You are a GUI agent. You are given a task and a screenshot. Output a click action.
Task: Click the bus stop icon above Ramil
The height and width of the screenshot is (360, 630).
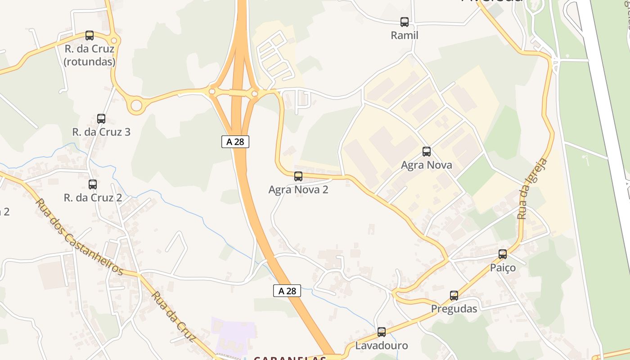(x=405, y=22)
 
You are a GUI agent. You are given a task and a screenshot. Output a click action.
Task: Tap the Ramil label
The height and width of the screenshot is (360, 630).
(x=405, y=35)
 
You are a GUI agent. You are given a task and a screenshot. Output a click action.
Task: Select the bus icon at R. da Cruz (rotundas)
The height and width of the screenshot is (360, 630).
(x=90, y=36)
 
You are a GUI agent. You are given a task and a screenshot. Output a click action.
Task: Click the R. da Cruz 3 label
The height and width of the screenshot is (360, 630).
(x=101, y=132)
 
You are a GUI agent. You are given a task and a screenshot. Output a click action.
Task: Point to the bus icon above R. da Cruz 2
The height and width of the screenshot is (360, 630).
(x=93, y=184)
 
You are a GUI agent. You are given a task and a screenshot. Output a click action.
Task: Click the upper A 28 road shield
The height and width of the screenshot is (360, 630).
(x=235, y=141)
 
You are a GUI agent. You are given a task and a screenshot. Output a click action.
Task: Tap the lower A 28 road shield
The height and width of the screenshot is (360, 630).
(x=287, y=291)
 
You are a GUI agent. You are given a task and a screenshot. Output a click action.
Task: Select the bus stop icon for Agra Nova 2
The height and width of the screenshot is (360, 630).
(x=298, y=176)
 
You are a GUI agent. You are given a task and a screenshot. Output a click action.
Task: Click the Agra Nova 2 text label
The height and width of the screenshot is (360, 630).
(x=298, y=189)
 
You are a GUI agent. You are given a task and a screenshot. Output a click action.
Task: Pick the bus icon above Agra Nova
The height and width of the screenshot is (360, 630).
(x=427, y=152)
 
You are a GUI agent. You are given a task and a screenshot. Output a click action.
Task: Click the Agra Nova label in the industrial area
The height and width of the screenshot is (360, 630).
(x=427, y=165)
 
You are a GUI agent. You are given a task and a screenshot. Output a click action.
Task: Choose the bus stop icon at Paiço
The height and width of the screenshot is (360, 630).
(x=503, y=254)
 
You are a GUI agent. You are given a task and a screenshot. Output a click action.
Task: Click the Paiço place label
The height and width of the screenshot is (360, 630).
(x=503, y=268)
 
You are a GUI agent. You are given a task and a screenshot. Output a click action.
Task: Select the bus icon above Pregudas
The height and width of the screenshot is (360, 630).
(x=454, y=296)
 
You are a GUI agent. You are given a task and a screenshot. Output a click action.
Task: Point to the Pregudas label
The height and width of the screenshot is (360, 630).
(x=454, y=309)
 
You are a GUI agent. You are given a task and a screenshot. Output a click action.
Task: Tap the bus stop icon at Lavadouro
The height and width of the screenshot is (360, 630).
(x=382, y=332)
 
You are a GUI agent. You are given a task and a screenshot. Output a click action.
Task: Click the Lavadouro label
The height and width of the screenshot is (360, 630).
(x=382, y=346)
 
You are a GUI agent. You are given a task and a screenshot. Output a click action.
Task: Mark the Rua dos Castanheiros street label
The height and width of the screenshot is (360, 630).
(x=79, y=236)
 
